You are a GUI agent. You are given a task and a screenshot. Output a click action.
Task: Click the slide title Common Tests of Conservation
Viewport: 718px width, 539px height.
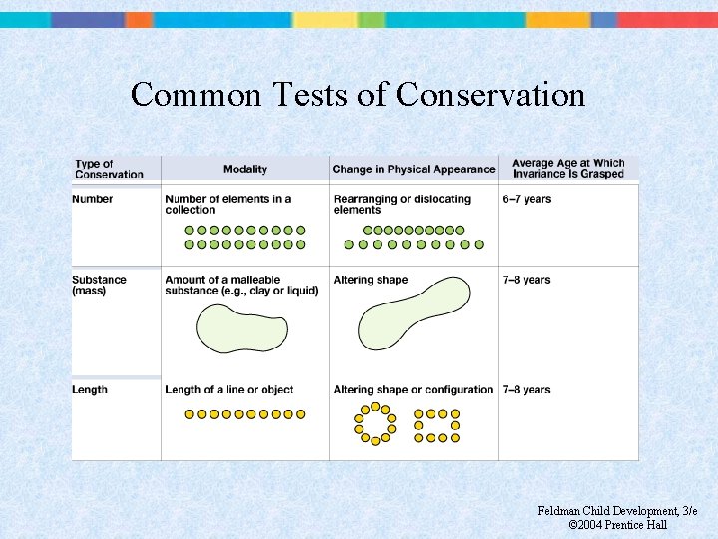[358, 94]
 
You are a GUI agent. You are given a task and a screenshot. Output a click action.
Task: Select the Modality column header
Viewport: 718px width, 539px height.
[245, 169]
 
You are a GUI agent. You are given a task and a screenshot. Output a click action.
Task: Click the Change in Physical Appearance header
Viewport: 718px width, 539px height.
[414, 169]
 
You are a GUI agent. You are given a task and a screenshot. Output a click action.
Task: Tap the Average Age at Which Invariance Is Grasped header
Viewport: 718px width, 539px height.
[567, 168]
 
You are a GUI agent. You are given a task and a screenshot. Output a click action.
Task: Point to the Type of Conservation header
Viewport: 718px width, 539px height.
[109, 169]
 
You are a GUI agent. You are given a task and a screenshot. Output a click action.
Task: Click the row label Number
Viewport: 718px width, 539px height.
[93, 199]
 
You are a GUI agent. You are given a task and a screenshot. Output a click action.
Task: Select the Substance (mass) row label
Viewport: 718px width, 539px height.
[100, 285]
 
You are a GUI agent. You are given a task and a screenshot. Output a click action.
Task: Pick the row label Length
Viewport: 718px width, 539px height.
[90, 389]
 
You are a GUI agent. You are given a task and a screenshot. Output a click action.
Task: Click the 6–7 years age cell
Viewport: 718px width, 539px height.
[527, 199]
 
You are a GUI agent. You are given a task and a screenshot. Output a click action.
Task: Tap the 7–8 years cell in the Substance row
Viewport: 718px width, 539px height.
[527, 280]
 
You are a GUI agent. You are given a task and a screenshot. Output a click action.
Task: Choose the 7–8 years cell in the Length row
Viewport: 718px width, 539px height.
[527, 389]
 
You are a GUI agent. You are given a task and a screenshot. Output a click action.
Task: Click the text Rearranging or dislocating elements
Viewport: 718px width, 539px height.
[402, 204]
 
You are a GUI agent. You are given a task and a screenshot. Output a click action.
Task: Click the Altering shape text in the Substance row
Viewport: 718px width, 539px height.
[371, 280]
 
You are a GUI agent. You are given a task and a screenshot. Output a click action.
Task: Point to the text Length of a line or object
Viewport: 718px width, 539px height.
[229, 389]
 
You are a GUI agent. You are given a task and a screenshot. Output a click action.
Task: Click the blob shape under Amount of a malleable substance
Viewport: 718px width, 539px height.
[241, 328]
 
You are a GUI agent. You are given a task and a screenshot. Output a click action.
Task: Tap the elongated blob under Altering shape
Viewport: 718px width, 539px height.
[412, 314]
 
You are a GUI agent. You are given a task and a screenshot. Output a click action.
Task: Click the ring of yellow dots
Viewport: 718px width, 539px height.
[375, 424]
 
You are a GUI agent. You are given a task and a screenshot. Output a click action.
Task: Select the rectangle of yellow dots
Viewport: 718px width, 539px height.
[437, 424]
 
